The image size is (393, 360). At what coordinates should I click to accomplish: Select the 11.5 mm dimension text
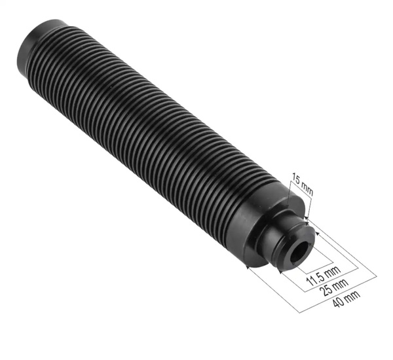324,276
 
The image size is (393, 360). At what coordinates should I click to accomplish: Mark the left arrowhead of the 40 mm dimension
248,267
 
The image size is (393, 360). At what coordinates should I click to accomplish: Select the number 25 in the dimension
324,291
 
